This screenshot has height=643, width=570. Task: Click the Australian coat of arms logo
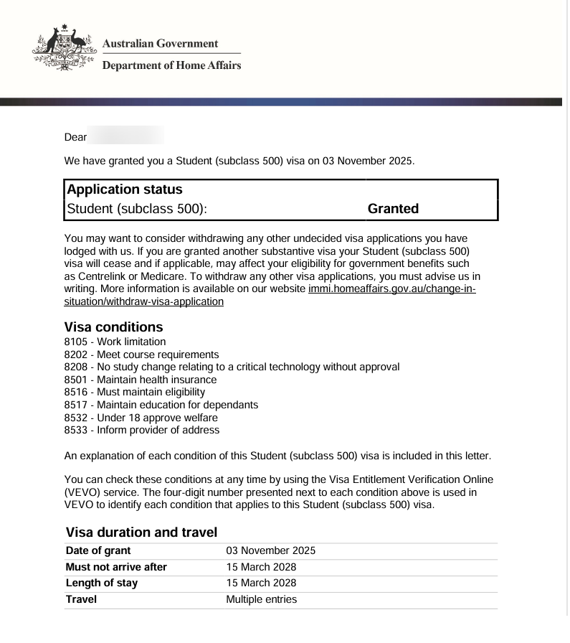coord(64,50)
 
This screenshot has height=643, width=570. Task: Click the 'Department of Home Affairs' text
coord(171,65)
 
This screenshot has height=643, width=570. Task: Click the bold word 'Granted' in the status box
coord(393,209)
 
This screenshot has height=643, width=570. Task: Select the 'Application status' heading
coord(125,189)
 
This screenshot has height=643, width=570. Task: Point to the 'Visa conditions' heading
coord(113,327)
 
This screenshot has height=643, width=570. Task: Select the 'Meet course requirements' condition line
coord(141,355)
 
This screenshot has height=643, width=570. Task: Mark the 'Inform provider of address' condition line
coord(142,430)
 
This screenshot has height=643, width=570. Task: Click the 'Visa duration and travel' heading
coord(141,532)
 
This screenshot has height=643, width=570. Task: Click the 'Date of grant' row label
coord(98,550)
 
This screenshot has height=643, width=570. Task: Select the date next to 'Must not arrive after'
coord(261,567)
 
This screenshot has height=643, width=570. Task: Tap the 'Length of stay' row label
coord(102,583)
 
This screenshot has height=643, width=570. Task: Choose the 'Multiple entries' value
coord(261,599)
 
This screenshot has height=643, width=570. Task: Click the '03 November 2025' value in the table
coord(271,550)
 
